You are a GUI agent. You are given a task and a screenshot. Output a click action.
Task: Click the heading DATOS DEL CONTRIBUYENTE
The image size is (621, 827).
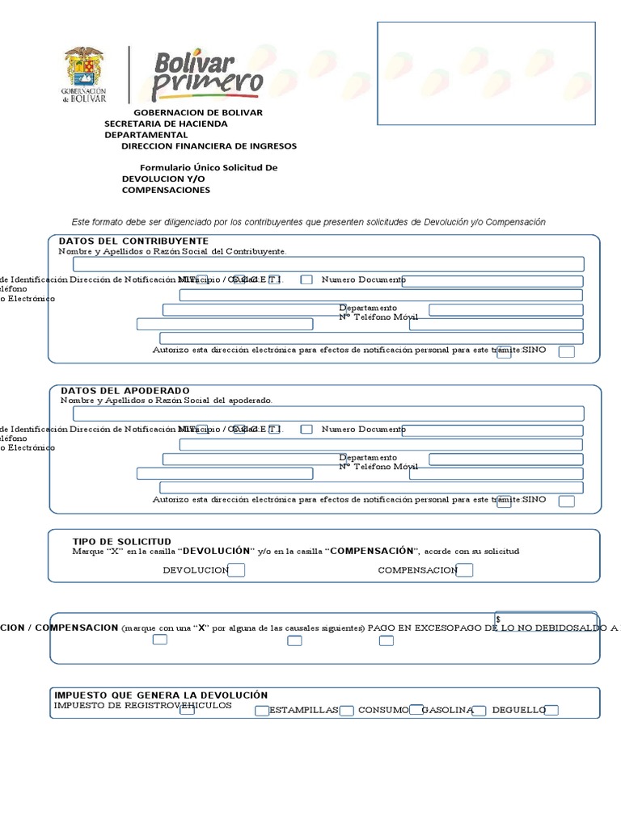click(133, 241)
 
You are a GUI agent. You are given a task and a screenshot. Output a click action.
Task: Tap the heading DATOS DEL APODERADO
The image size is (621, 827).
click(125, 391)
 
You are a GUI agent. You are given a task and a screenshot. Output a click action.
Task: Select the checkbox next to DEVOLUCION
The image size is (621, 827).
click(237, 570)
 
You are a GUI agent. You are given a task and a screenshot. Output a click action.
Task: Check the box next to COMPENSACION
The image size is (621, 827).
click(464, 570)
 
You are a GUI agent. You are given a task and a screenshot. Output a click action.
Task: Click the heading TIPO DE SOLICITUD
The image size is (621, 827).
click(121, 542)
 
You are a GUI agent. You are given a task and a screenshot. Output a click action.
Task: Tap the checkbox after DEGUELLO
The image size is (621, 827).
click(552, 711)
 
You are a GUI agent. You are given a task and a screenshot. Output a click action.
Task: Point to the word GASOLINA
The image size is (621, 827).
click(446, 710)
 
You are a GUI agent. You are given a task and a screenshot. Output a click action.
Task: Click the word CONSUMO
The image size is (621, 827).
click(383, 710)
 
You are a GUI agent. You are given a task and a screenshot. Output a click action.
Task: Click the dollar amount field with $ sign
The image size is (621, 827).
click(546, 619)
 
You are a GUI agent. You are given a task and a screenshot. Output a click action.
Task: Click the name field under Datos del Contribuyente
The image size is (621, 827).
click(328, 264)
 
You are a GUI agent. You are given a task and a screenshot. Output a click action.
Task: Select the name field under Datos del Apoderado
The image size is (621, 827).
click(328, 413)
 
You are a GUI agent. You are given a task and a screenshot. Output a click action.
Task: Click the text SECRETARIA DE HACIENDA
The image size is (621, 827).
click(166, 124)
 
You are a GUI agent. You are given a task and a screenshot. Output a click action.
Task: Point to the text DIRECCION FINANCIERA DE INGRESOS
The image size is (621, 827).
click(209, 146)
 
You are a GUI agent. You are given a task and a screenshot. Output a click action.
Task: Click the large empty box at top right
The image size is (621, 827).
click(486, 73)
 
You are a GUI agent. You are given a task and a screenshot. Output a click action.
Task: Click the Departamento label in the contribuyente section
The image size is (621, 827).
click(368, 309)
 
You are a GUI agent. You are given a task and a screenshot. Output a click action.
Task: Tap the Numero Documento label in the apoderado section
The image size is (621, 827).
click(363, 430)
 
